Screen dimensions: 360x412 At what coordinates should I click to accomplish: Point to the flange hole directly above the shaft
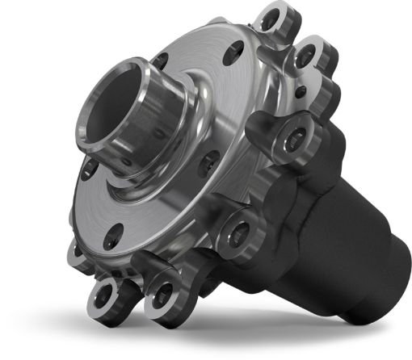[160, 61]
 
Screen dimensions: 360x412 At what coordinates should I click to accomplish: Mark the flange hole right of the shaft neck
[209, 161]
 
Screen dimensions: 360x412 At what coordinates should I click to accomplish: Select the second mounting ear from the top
[307, 57]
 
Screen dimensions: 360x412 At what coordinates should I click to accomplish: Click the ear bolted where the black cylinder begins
[241, 232]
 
